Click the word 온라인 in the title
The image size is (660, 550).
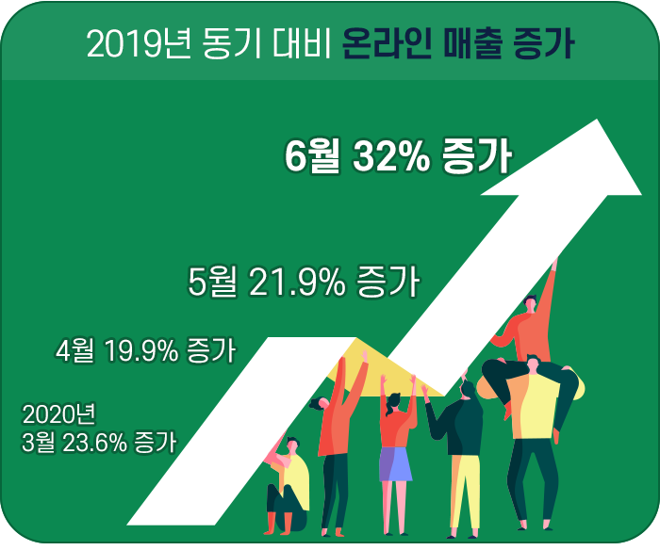387,43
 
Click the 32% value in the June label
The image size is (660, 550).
391,157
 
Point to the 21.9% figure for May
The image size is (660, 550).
297,283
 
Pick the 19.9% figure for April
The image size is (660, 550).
141,350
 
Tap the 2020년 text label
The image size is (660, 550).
58,414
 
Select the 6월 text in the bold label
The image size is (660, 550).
312,157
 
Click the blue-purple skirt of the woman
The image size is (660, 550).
395,463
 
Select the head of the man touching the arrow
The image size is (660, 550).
531,302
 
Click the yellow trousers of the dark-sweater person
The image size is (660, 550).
466,491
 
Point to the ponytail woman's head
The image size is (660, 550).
394,400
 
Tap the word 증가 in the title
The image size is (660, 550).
544,43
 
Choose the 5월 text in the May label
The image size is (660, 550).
212,283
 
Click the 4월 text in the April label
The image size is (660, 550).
74,350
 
